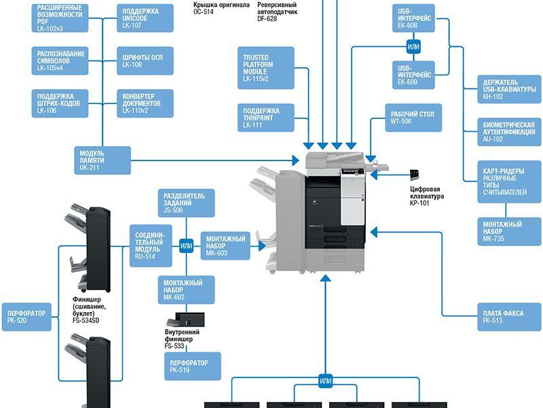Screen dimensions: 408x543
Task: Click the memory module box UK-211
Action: [x=102, y=160]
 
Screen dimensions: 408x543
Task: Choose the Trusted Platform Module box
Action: [x=265, y=68]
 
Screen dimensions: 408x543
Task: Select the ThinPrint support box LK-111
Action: [x=265, y=117]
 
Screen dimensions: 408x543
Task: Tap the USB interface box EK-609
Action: [x=413, y=75]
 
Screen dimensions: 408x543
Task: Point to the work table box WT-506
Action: [x=413, y=118]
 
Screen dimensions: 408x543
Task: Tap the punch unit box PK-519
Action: [x=191, y=367]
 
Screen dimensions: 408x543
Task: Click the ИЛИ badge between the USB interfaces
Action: [x=413, y=47]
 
